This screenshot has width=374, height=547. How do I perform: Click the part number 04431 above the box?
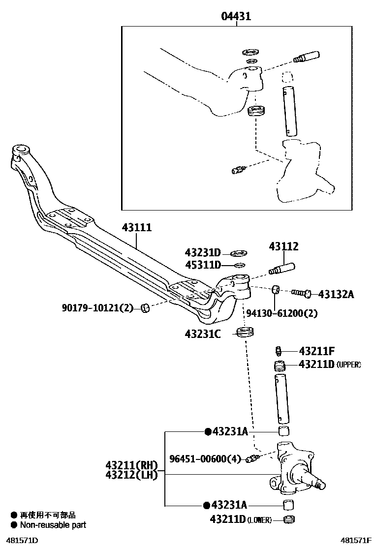(236, 16)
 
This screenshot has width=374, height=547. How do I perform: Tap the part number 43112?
(283, 246)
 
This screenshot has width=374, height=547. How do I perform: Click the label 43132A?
(336, 294)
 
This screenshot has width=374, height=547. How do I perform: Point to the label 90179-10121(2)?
(97, 308)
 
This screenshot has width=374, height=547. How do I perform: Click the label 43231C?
(203, 334)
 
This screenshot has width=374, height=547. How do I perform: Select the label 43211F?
(316, 351)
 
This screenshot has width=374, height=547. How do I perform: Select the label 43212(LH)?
(130, 475)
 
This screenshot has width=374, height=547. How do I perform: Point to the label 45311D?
(203, 266)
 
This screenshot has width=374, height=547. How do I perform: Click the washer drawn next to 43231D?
(240, 254)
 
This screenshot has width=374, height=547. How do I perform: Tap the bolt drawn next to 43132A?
(300, 294)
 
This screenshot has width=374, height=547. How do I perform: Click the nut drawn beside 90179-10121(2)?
(145, 308)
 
